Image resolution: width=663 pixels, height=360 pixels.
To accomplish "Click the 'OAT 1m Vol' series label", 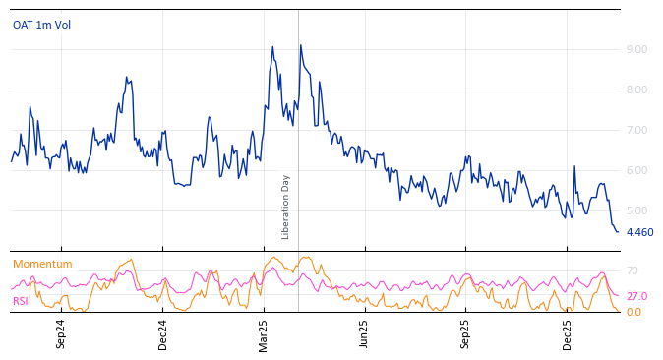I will pos(41,25).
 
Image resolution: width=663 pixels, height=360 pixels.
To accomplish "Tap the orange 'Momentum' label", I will pos(42,264).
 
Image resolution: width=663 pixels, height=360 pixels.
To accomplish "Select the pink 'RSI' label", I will pos(21,301).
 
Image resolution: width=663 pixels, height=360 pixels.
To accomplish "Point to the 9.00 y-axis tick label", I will pos(636,49).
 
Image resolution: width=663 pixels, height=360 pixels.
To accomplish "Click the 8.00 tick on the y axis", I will pos(636,90).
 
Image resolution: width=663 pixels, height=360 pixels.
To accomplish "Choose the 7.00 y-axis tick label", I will pos(636,130).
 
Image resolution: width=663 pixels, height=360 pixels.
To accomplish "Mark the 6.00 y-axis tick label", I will pos(636,170).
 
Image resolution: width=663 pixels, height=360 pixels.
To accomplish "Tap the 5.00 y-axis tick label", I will pos(636,210).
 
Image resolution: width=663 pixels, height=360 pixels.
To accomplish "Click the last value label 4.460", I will pos(639,233).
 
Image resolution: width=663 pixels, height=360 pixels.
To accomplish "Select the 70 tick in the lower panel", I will pos(633,270).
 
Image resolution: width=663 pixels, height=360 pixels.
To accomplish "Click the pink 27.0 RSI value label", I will pos(636,296).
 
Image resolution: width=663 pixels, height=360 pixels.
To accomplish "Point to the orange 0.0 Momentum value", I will pos(633,312).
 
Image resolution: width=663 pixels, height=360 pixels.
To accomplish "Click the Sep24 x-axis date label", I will pos(61,333).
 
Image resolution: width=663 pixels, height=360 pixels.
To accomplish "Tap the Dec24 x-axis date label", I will pos(163,333).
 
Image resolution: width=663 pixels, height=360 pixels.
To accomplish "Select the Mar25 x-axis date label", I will pos(264,333).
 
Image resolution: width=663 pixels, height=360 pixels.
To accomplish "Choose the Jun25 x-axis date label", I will pos(364,333).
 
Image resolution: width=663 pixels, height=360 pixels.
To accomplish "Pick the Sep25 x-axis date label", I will pos(466,333).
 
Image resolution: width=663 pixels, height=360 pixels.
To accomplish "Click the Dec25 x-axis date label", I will pos(568,333).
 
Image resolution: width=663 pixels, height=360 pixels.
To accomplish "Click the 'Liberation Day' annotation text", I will pos(286,207).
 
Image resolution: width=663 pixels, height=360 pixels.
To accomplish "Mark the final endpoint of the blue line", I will pos(618,232).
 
